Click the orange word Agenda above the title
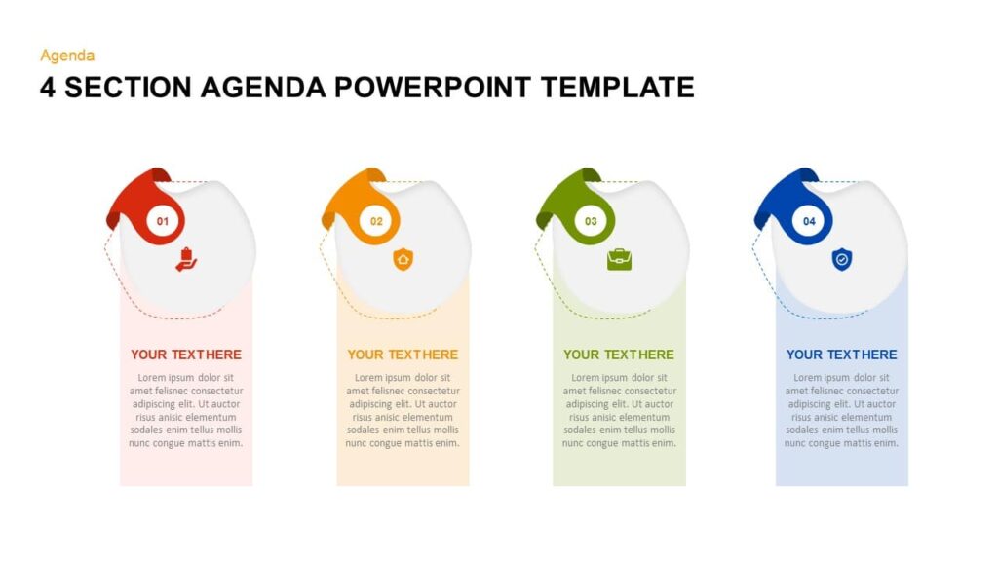tap(67, 56)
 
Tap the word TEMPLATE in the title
tap(618, 88)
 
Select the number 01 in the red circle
tap(163, 222)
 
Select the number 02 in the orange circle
tap(376, 222)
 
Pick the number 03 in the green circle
tap(591, 222)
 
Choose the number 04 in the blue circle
tap(809, 222)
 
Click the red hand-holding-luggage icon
tap(187, 259)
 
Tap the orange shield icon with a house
tap(403, 259)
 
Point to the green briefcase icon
tap(619, 259)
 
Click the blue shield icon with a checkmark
tap(841, 259)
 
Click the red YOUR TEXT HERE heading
tap(186, 355)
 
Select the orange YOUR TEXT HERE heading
tap(403, 355)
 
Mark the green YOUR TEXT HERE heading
tap(619, 355)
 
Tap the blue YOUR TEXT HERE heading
tap(842, 355)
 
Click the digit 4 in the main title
tap(48, 88)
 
